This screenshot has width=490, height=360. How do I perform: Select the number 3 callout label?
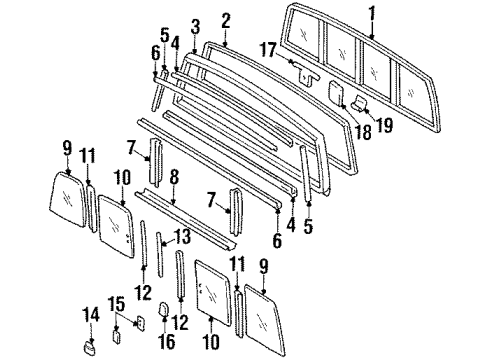(195, 25)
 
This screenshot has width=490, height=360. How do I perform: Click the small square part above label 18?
(336, 93)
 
